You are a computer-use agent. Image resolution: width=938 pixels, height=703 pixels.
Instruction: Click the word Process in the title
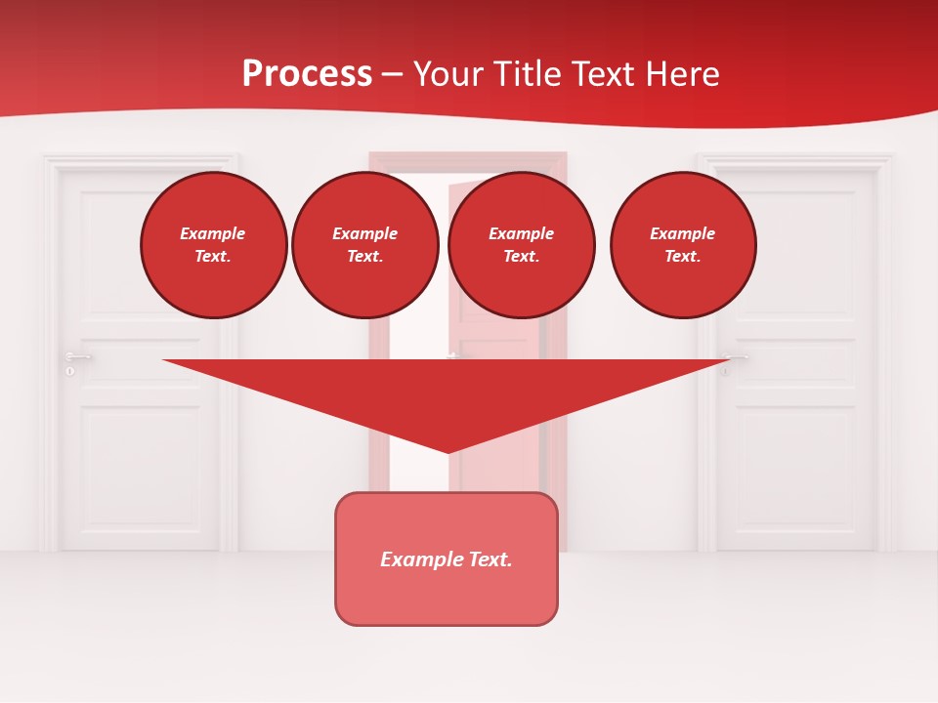[x=307, y=74]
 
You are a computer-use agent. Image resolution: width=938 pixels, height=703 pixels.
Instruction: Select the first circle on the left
[x=213, y=245]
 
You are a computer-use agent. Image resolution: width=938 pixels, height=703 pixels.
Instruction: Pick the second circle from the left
[x=364, y=245]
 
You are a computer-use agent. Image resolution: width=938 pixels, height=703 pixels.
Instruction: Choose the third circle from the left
[x=521, y=245]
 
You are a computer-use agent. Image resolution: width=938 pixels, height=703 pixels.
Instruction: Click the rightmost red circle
[x=682, y=245]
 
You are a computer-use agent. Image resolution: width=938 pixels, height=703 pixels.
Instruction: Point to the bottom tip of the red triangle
[x=448, y=451]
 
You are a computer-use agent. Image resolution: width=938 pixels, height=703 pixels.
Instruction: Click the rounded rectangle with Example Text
[x=447, y=558]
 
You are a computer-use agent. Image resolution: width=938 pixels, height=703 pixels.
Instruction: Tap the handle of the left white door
[x=78, y=357]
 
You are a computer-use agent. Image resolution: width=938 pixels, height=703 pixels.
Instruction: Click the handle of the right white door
[x=735, y=357]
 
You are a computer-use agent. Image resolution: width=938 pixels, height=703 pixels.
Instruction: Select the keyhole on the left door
[x=70, y=372]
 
